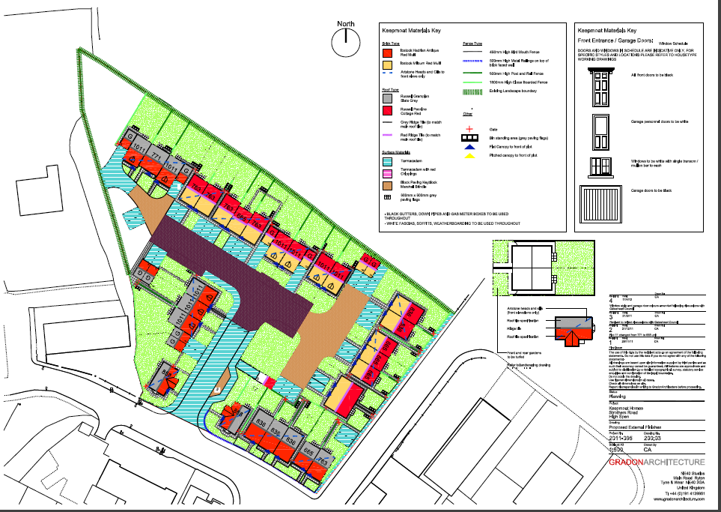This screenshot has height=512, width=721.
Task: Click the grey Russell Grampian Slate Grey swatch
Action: pyautogui.click(x=387, y=97)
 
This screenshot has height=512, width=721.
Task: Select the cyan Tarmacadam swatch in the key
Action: pyautogui.click(x=387, y=161)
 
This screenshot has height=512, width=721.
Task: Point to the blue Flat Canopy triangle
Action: pyautogui.click(x=469, y=147)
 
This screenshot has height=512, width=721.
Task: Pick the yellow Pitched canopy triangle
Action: pyautogui.click(x=469, y=157)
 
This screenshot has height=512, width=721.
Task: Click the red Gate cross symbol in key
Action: pyautogui.click(x=469, y=129)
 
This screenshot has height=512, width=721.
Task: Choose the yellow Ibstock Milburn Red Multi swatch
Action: pyautogui.click(x=387, y=64)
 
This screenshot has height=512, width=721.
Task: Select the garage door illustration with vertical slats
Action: pyautogui.click(x=600, y=205)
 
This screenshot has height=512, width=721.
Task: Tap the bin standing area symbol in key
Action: pyautogui.click(x=469, y=138)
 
